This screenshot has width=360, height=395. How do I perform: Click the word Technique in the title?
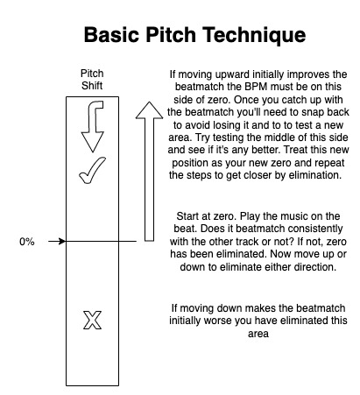click(x=254, y=35)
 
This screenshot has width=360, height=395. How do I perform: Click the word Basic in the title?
click(x=111, y=34)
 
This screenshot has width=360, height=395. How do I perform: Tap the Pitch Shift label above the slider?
click(x=92, y=80)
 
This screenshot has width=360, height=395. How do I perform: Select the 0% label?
click(x=27, y=242)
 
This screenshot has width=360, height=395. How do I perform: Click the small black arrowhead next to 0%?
click(x=62, y=242)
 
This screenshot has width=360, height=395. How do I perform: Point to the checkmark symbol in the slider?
click(x=92, y=170)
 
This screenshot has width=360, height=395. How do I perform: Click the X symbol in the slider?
click(x=93, y=321)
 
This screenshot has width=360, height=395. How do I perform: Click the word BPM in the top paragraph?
click(x=256, y=87)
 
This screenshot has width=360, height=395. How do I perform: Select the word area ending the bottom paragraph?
click(x=258, y=334)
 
